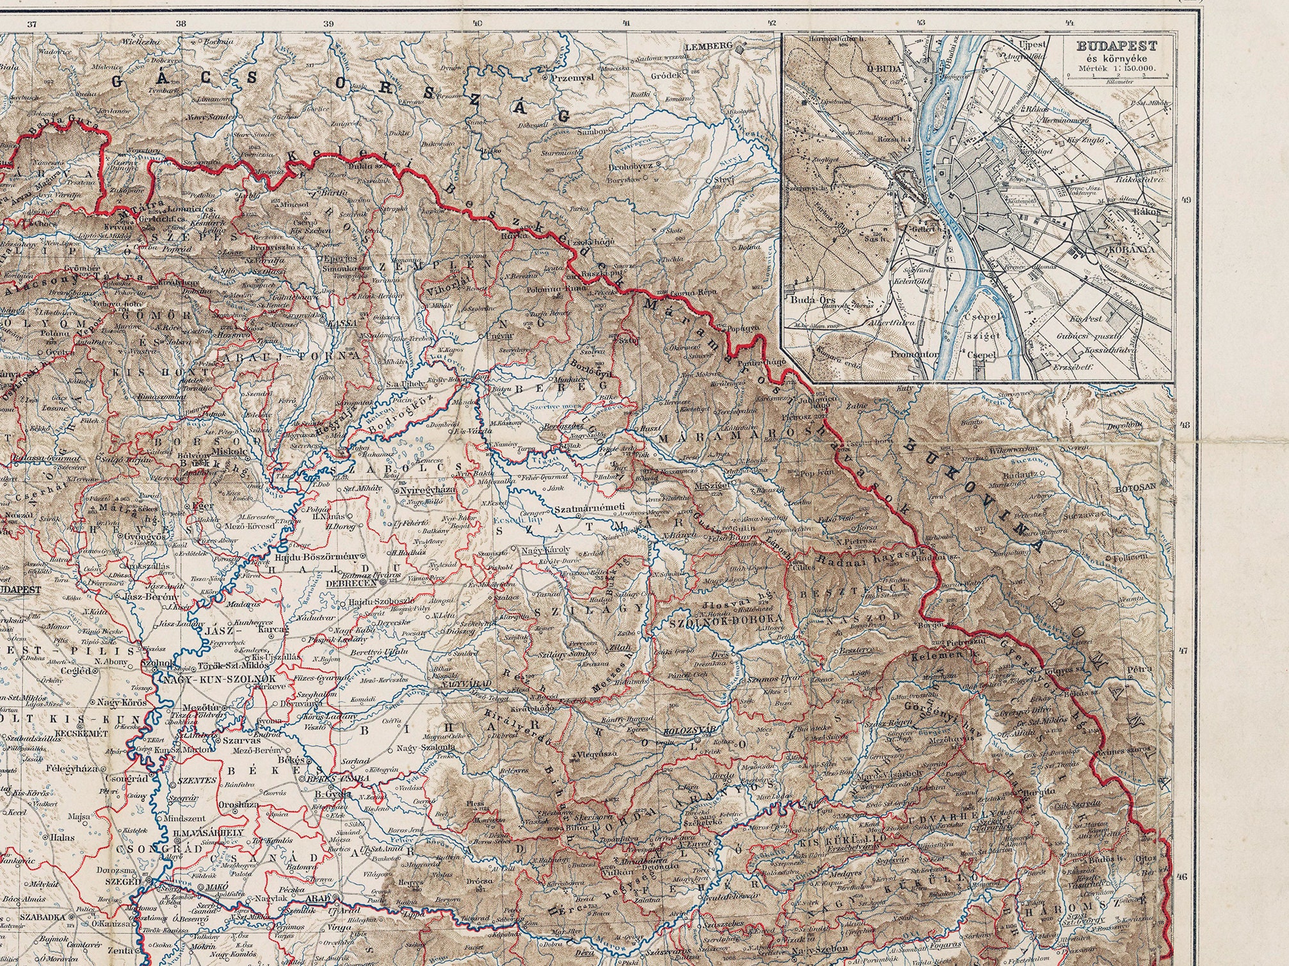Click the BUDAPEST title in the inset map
[x=1115, y=46]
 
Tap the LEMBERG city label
[x=708, y=47]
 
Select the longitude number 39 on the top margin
[x=329, y=24]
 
